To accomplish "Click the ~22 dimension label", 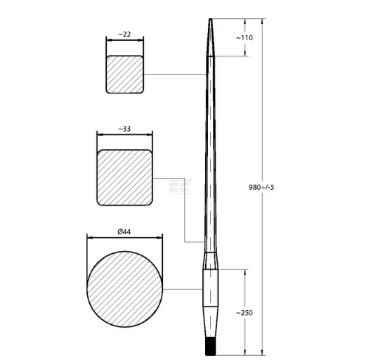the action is point(124,34).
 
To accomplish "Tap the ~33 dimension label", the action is point(124,129).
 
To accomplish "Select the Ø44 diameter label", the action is point(124,232).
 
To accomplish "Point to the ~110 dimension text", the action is point(245,38).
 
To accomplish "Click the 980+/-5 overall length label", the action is point(261,187).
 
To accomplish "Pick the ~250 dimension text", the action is point(245,313).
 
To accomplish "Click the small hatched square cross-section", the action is point(125,75).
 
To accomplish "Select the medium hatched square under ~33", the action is point(124,178).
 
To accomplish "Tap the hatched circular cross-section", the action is point(124,289).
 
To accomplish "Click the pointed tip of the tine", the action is point(211,19).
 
